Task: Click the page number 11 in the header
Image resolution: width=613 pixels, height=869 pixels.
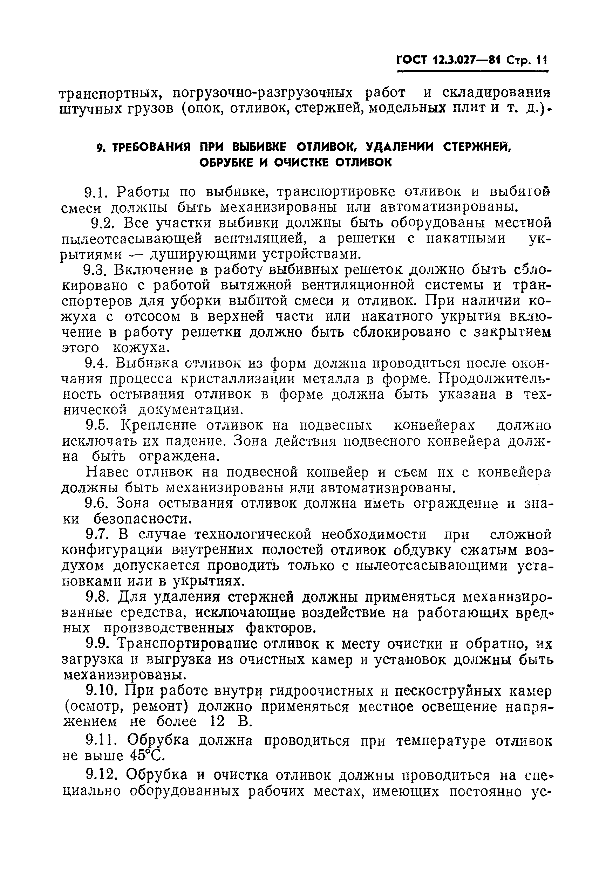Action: point(542,61)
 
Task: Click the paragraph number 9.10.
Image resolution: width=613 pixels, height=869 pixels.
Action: point(101,691)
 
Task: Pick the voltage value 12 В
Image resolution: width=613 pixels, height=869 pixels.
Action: point(231,722)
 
